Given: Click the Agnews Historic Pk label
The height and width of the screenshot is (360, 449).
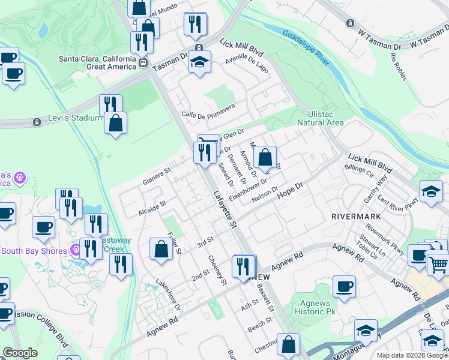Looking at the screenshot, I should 313,307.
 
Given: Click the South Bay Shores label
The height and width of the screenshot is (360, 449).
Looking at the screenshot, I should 34,250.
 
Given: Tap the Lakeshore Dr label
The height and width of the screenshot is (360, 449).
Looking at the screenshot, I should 167,294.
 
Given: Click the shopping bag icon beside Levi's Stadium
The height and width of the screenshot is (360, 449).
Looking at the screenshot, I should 115,123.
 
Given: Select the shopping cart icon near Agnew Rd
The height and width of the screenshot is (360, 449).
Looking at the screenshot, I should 438,263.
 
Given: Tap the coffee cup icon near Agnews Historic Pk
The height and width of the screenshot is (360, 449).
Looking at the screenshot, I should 344,286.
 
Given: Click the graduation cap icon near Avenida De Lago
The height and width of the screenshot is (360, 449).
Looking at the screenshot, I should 199,62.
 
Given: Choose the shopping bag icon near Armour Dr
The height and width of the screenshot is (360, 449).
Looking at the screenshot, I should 265,158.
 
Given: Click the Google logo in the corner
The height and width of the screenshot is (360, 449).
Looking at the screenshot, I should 20,353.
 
